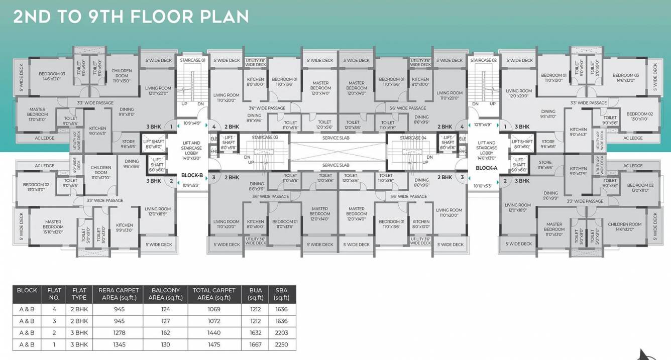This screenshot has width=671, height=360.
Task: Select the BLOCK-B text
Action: coord(192,175)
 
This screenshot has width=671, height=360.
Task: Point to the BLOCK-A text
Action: coord(486,168)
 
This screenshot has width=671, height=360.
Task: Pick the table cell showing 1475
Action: coord(214,344)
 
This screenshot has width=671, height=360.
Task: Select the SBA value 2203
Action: coord(281,332)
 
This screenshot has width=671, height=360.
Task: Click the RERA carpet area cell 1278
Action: coord(119,332)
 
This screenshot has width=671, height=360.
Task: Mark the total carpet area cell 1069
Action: coord(214,309)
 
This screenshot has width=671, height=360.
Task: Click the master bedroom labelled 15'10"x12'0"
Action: coord(53,227)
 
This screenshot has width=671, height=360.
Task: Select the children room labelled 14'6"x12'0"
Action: coord(624,227)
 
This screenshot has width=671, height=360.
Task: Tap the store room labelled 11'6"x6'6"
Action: coord(545,165)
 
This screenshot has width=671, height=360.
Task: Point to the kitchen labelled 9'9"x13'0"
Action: coord(124,227)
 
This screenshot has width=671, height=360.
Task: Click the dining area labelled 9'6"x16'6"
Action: coord(132,164)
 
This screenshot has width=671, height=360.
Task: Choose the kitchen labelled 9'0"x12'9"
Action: coord(578,171)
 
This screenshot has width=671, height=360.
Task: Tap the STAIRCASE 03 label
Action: coord(265,138)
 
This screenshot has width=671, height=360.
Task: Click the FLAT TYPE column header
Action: coord(79,294)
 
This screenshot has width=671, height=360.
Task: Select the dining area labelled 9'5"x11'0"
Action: coord(548,114)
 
